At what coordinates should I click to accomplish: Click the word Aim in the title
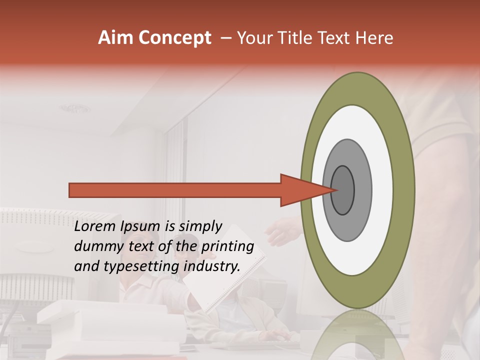(x=116, y=38)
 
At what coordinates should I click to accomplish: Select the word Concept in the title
(x=174, y=38)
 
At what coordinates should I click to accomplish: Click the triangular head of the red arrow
(x=300, y=190)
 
